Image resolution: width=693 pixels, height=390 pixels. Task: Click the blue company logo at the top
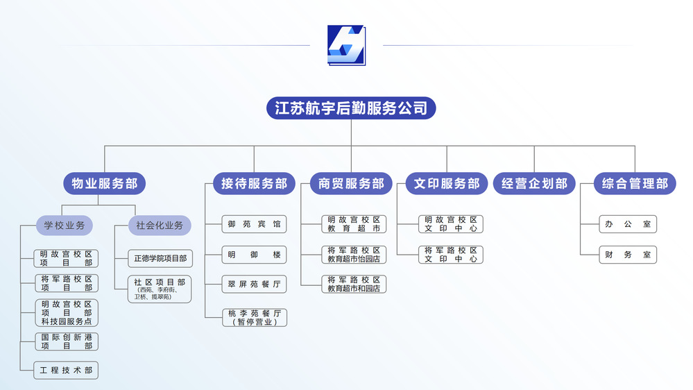click(346, 46)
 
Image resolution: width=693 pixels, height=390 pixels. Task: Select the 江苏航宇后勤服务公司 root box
click(351, 108)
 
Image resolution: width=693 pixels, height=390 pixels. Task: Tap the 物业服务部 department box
click(104, 184)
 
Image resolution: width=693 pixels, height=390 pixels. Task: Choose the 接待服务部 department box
click(254, 184)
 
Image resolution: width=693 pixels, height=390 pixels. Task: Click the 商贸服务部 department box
click(351, 184)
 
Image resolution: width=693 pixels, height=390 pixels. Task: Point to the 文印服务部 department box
click(447, 184)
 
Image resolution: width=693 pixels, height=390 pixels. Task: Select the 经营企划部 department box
click(534, 184)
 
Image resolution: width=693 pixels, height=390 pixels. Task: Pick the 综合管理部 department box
click(635, 184)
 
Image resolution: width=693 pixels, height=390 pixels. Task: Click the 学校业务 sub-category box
click(65, 226)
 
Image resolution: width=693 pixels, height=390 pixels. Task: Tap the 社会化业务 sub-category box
click(160, 226)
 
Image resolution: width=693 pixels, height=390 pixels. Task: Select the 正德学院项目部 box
click(160, 259)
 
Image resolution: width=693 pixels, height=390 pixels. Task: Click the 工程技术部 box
click(66, 371)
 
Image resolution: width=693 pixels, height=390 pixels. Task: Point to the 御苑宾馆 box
click(255, 224)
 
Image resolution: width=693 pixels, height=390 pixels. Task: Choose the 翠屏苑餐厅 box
click(255, 285)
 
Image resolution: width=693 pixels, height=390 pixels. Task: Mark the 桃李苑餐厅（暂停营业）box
click(255, 318)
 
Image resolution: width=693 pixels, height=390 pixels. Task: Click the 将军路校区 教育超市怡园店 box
click(354, 255)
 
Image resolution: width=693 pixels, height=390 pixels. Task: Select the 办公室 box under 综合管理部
click(628, 224)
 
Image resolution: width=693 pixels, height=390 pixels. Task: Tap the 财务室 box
click(628, 255)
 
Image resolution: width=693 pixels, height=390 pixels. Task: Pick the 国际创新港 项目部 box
click(66, 341)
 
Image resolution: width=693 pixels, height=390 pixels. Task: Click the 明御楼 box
click(255, 255)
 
